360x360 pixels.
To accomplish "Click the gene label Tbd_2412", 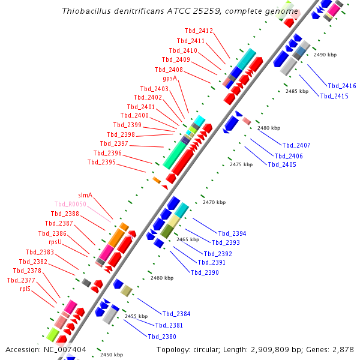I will [x=198, y=31].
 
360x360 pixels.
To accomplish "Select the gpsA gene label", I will [x=170, y=79].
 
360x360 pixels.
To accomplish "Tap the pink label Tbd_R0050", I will [x=71, y=205].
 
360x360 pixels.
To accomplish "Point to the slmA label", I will [x=85, y=195].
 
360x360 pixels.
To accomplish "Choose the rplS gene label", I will [x=25, y=289].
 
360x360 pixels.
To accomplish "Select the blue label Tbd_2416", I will [x=341, y=86].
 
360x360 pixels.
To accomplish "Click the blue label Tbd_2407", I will [x=296, y=146].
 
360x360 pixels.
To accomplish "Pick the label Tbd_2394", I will [x=232, y=234].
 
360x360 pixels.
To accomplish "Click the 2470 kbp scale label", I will [x=213, y=203].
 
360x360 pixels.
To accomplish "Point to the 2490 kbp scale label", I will [x=325, y=55].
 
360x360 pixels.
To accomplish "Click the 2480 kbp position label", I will [x=269, y=128].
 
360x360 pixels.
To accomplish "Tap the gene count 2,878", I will [x=343, y=349].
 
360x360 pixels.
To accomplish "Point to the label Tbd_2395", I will [x=101, y=162].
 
